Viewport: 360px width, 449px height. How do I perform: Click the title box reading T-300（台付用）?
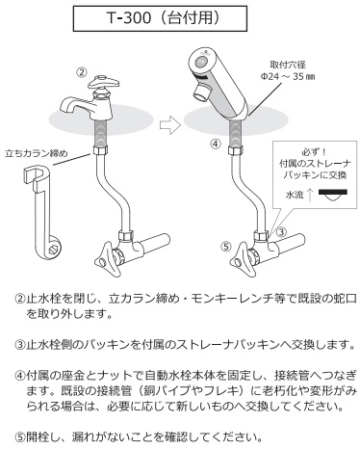coord(160,18)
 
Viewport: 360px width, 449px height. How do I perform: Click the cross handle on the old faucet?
coord(104,82)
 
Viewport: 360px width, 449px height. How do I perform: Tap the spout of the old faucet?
coord(75,105)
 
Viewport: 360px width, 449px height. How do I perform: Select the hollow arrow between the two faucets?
coord(170,124)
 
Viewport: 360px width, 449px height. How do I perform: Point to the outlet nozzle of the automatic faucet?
coord(202,92)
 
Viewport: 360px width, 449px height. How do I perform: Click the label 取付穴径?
coord(288,65)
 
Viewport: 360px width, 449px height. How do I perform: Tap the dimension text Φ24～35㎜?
coord(287,77)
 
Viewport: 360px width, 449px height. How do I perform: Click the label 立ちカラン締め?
coord(37,153)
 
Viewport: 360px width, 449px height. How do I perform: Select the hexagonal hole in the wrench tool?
coord(52,248)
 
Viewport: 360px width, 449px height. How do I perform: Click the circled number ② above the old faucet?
coord(82,72)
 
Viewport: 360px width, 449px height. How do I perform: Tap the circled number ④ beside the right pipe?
coord(216,144)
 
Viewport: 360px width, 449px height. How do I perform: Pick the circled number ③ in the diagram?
coord(281,231)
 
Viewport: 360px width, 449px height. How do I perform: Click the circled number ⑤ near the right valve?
coord(226,247)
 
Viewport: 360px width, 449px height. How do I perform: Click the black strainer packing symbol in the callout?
coord(333,196)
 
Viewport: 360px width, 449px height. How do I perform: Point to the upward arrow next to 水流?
coord(310,195)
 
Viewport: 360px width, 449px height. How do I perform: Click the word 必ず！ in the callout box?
coord(315,151)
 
